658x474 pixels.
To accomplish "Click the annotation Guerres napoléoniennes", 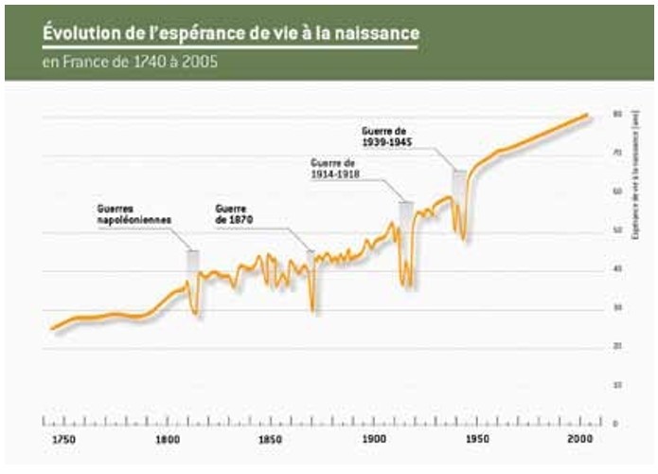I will pyautogui.click(x=133, y=213).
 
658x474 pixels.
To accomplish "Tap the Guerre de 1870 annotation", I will pyautogui.click(x=235, y=213).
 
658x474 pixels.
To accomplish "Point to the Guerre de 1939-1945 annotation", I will pyautogui.click(x=386, y=136).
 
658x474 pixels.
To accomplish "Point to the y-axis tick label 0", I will pyautogui.click(x=617, y=424).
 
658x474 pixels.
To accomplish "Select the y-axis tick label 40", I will pyautogui.click(x=618, y=269).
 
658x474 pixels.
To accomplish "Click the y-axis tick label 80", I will pyautogui.click(x=618, y=114).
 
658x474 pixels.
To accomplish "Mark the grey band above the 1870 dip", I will pyautogui.click(x=311, y=264).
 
